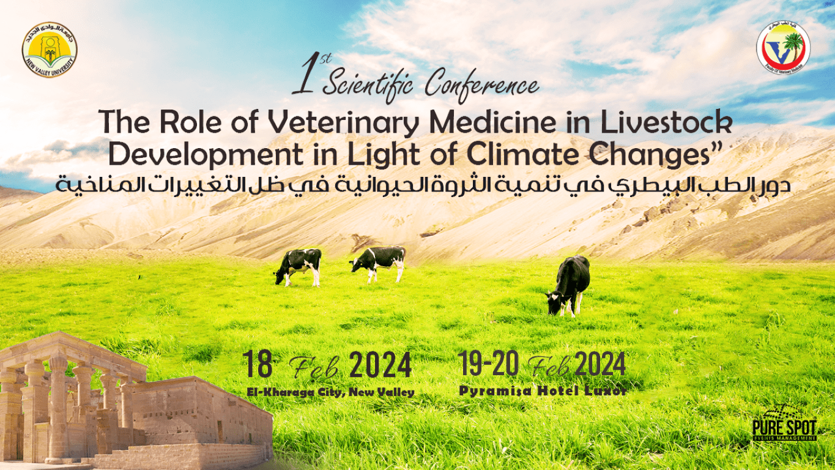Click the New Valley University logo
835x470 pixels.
coord(50,50)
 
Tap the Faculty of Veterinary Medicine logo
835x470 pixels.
coord(782,47)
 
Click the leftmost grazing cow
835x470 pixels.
coord(299,266)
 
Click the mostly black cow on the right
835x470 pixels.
coord(570,285)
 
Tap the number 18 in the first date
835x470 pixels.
coord(258,365)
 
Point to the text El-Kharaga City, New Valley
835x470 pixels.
coord(330,392)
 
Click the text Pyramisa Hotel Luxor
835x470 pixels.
coord(543,390)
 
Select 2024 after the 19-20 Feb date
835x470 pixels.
coord(600,365)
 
